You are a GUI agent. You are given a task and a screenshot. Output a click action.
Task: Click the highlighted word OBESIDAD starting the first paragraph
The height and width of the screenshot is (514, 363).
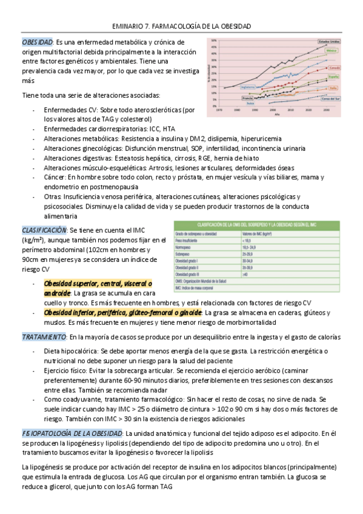(x=37, y=42)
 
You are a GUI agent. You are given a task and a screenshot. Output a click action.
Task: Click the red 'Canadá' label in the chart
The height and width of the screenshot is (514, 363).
(x=331, y=68)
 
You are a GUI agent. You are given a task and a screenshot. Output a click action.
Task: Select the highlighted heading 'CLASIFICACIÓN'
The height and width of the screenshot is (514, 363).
(x=44, y=230)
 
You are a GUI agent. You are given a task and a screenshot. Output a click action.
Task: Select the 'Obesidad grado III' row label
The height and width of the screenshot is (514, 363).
(x=191, y=274)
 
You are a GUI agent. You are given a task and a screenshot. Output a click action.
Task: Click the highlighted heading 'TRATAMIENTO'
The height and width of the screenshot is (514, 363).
(x=44, y=336)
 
